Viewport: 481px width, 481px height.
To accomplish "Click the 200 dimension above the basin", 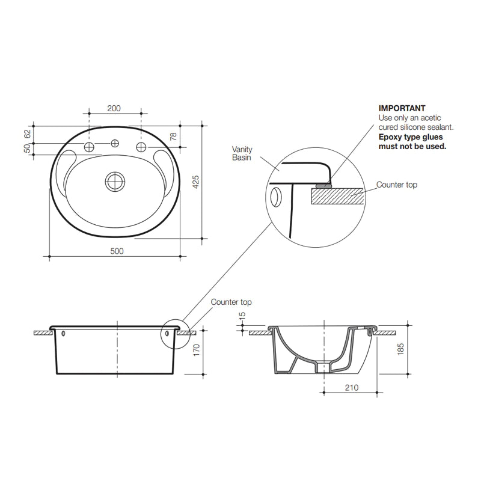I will click(x=114, y=108).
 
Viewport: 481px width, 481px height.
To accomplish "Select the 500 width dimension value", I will click(x=117, y=251).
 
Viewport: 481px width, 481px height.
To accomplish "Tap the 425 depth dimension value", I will click(x=195, y=182).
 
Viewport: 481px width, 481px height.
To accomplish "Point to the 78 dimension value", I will click(x=174, y=136).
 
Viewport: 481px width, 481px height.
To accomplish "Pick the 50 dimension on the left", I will click(x=27, y=149).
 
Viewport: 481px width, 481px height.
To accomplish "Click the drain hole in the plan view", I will click(x=114, y=181).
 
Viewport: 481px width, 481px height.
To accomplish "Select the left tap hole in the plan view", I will click(x=89, y=147).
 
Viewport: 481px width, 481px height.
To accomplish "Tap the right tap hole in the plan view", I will click(x=141, y=147).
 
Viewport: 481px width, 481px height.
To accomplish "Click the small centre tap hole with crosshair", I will click(x=114, y=144).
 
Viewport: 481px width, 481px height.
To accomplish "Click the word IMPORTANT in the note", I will click(x=402, y=108).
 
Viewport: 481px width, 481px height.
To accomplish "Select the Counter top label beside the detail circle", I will click(x=396, y=185).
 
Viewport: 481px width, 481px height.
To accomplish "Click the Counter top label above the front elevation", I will click(x=231, y=302).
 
